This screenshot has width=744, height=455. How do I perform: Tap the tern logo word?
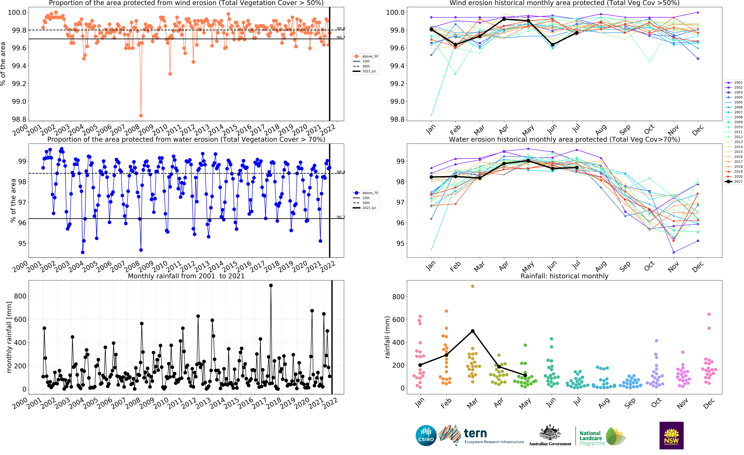pos(475,433)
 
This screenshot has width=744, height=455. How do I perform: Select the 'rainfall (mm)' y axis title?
pos(387,337)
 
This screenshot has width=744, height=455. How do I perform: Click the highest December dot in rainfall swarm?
pos(709,314)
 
